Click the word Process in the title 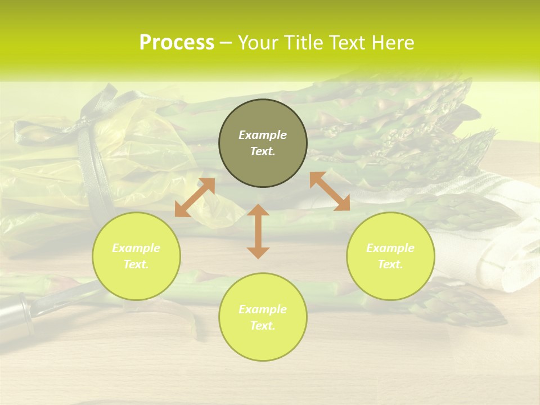pos(177,43)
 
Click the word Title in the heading pos(300,43)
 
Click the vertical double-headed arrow pos(258,231)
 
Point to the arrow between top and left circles pos(195,197)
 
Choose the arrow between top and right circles pos(330,191)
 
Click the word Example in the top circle pos(263,135)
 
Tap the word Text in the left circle pos(136,264)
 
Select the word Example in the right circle pos(390,248)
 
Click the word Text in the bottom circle pos(263,326)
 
